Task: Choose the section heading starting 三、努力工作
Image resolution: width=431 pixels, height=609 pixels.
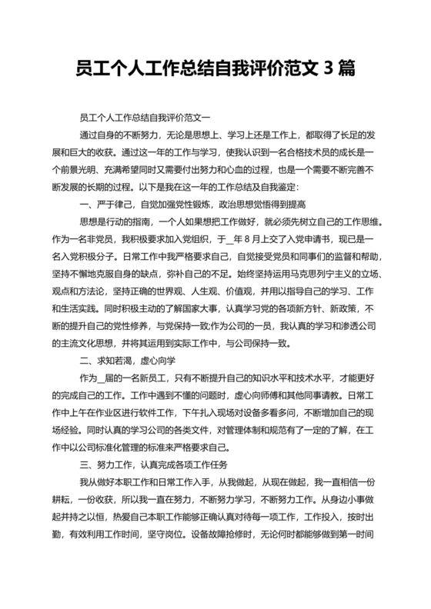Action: (x=160, y=464)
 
